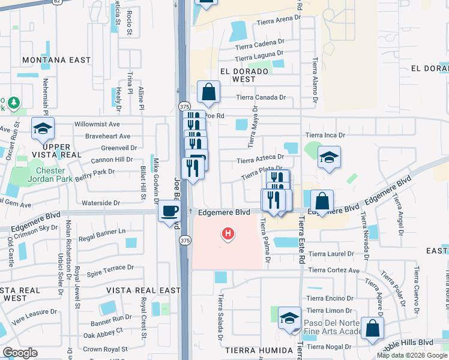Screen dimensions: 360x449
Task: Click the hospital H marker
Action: pos(228,233)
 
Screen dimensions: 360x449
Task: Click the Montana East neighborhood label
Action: pos(56,60)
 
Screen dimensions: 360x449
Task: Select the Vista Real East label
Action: pos(143,290)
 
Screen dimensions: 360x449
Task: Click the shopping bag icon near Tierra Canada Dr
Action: pos(208,93)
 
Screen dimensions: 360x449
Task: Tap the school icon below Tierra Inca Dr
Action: pos(329,157)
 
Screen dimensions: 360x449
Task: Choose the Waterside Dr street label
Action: pos(100,203)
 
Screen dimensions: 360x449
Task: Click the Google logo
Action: pos(20,353)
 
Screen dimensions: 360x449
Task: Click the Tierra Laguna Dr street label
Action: pos(259,58)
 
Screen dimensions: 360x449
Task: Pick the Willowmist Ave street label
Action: pos(97,124)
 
